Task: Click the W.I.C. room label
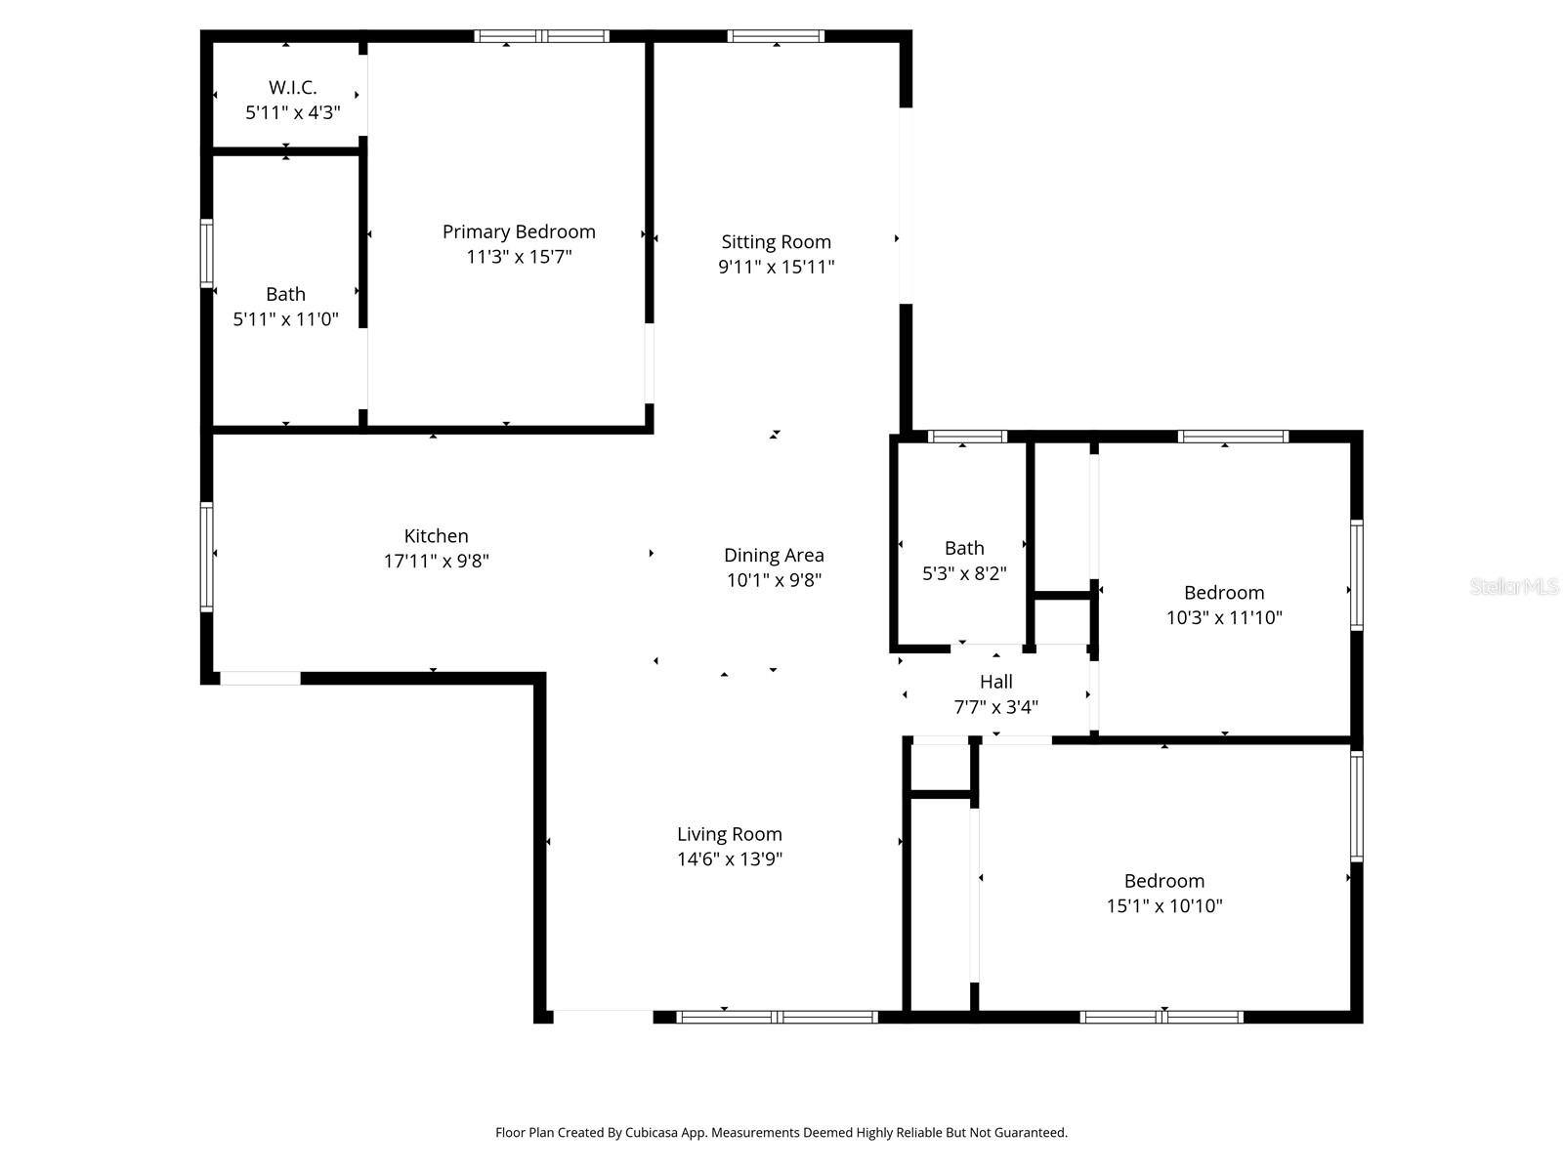pyautogui.click(x=292, y=88)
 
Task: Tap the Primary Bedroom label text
pyautogui.click(x=519, y=231)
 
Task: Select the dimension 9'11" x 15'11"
pyautogui.click(x=776, y=267)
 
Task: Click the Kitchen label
pyautogui.click(x=436, y=536)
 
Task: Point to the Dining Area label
pyautogui.click(x=774, y=555)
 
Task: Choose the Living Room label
pyautogui.click(x=729, y=834)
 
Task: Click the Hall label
pyautogui.click(x=995, y=682)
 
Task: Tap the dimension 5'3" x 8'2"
pyautogui.click(x=964, y=573)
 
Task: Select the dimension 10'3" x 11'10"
pyautogui.click(x=1223, y=617)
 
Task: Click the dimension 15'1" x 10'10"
pyautogui.click(x=1163, y=905)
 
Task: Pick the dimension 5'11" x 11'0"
pyautogui.click(x=285, y=318)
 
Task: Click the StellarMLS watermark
pyautogui.click(x=1513, y=587)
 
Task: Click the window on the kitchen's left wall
pyautogui.click(x=207, y=557)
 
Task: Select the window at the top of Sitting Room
pyautogui.click(x=776, y=37)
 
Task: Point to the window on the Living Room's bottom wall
pyautogui.click(x=777, y=1017)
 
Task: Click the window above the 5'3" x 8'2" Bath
pyautogui.click(x=966, y=437)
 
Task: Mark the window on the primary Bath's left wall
pyautogui.click(x=207, y=254)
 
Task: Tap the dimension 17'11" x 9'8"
pyautogui.click(x=436, y=562)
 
